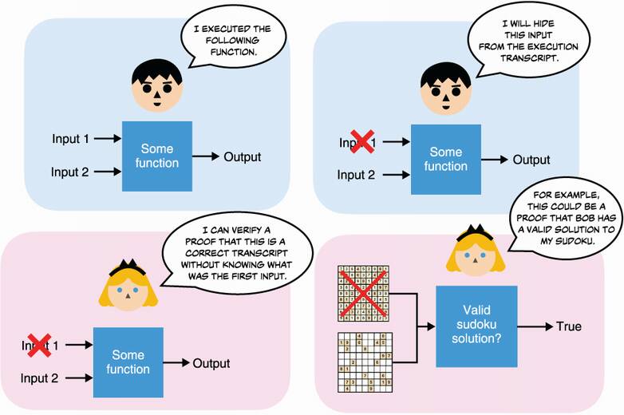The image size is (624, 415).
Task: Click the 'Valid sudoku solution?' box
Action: [x=476, y=326]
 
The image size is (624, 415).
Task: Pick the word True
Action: [x=569, y=326]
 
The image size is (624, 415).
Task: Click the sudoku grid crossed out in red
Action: [x=363, y=292]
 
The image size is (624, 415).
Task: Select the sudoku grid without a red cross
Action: [x=363, y=364]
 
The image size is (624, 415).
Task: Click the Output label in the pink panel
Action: [x=211, y=363]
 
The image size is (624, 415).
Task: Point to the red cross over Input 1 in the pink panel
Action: [x=39, y=344]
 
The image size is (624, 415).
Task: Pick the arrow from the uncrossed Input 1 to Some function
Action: [x=106, y=139]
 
